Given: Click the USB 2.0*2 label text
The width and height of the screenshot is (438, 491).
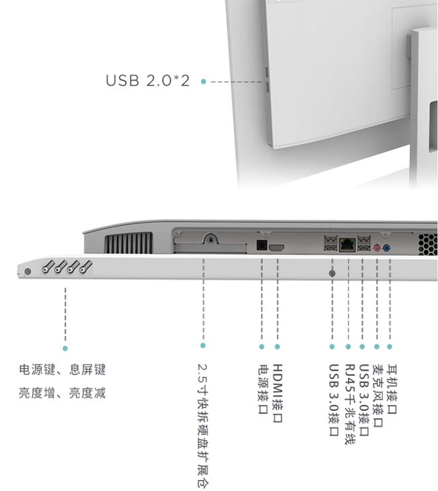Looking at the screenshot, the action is tap(148, 81).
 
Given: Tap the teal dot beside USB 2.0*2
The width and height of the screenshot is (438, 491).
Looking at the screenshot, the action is tap(204, 82).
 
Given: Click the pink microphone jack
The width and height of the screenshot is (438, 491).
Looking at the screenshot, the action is tap(377, 248).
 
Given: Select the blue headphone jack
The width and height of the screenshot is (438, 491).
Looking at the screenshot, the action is tap(387, 248).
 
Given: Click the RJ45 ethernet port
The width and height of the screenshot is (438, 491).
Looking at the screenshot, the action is tap(347, 245).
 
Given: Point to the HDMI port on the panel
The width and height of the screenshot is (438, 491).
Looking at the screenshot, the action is tap(277, 247).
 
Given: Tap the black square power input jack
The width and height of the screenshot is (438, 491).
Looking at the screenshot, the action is tap(261, 245).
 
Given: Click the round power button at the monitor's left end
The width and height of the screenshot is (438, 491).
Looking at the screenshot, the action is tap(28, 271).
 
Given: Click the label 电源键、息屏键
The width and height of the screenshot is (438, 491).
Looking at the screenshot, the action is tap(62, 370).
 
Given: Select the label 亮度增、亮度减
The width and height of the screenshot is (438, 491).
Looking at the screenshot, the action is tap(62, 393).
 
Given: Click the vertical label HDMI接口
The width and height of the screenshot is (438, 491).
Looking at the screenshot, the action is tap(278, 393).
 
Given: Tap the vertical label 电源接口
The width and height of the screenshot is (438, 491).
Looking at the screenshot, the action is tap(263, 389).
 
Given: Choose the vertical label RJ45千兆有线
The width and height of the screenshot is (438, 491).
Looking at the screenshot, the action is tap(350, 404).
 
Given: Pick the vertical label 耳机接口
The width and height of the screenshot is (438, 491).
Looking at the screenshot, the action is tap(392, 389).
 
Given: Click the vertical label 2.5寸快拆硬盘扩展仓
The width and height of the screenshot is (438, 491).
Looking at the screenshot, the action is tap(203, 426).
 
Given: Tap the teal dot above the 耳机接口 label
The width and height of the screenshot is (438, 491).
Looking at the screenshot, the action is tap(390, 347).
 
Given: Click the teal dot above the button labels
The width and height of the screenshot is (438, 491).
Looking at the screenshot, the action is tap(65, 349).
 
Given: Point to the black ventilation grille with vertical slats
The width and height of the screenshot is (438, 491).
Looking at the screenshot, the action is tap(129, 243).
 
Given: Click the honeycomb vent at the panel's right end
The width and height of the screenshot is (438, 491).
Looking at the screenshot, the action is tap(427, 244).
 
